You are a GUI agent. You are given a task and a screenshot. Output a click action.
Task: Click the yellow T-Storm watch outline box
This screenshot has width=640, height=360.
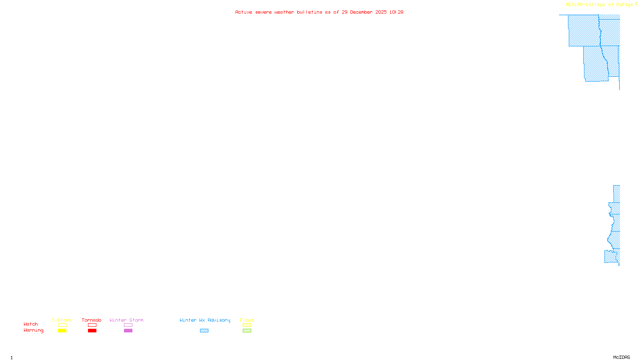pyautogui.click(x=62, y=325)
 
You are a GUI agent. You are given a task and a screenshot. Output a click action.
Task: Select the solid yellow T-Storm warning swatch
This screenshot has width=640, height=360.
pyautogui.click(x=62, y=331)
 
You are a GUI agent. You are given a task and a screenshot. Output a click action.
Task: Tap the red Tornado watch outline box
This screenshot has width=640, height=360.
pyautogui.click(x=92, y=325)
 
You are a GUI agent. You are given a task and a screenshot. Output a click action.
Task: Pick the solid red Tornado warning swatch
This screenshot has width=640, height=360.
pyautogui.click(x=92, y=331)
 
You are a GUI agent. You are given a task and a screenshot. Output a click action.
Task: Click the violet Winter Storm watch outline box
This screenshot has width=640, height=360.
pyautogui.click(x=128, y=325)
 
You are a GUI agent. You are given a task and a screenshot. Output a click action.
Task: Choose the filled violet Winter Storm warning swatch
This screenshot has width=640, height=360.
pyautogui.click(x=128, y=331)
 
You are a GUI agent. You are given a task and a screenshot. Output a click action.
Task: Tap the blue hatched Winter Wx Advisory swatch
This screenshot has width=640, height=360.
pyautogui.click(x=204, y=331)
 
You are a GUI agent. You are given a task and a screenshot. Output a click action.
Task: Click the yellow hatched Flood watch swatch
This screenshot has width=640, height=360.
pyautogui.click(x=247, y=325)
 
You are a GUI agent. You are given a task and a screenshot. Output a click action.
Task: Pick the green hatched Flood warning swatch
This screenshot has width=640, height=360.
pyautogui.click(x=247, y=331)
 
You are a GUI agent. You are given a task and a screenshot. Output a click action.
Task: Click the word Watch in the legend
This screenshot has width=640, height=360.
pyautogui.click(x=31, y=324)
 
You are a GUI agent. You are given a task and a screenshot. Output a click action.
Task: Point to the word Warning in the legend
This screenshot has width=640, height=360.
pyautogui.click(x=33, y=330)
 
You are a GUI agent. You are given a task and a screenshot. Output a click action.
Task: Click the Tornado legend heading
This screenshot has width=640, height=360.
pyautogui.click(x=92, y=320)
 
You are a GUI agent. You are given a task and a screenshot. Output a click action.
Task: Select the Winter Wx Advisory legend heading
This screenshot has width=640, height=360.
pyautogui.click(x=205, y=320)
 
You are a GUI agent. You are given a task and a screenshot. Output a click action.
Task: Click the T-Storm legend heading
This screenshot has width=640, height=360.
pyautogui.click(x=62, y=320)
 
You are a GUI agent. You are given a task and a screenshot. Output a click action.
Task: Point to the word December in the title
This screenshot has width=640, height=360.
pyautogui.click(x=361, y=12)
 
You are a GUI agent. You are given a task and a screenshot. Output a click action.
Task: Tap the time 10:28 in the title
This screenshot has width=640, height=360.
pyautogui.click(x=396, y=12)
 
